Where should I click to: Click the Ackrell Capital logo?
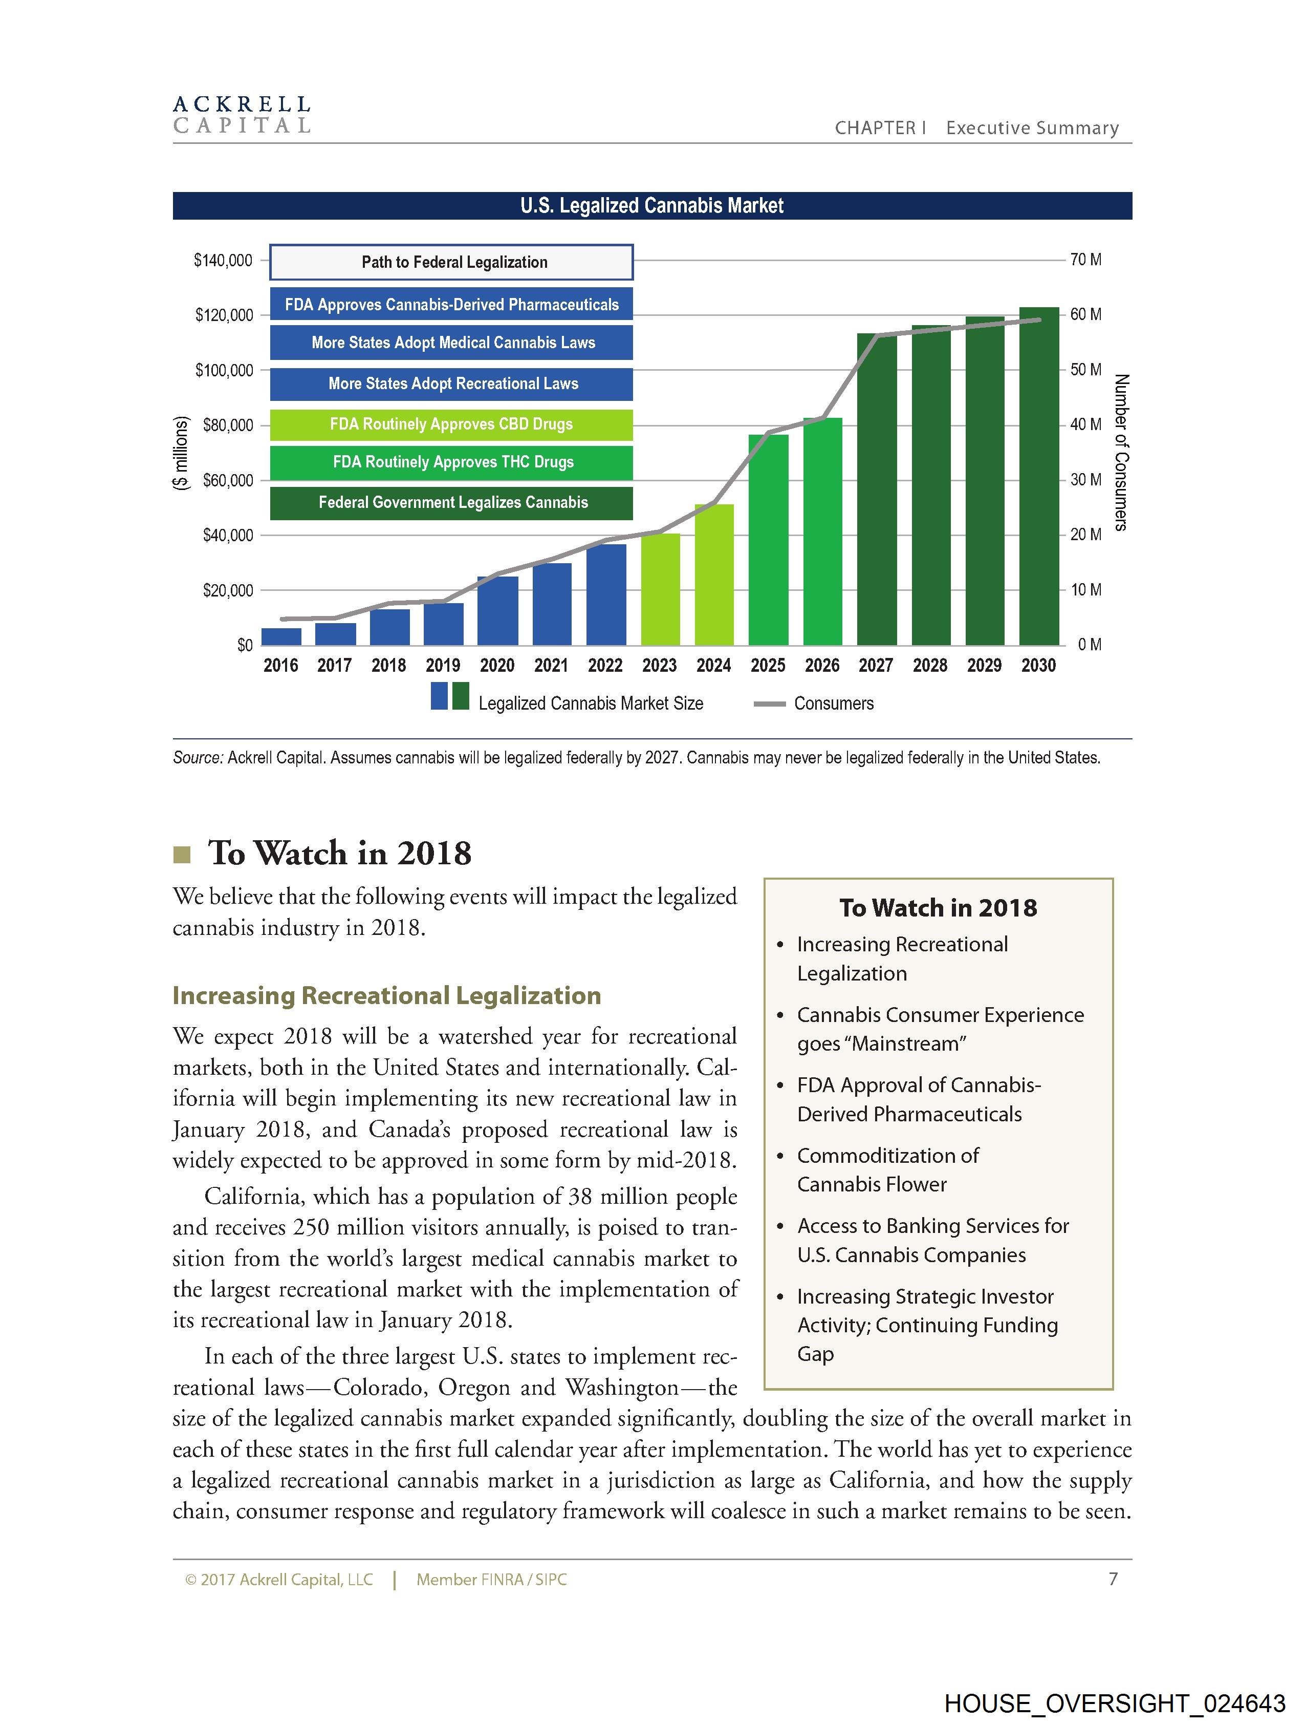[x=242, y=115]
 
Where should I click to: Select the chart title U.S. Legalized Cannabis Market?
[x=651, y=206]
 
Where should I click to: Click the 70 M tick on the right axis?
[x=1085, y=260]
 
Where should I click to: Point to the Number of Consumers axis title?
[x=1121, y=452]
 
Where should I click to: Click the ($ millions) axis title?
[x=180, y=452]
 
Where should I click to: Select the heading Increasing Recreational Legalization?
[x=387, y=996]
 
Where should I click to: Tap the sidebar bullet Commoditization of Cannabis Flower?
[x=887, y=1170]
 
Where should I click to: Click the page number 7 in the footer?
[x=1113, y=1579]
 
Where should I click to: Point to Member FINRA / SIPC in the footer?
[x=491, y=1580]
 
